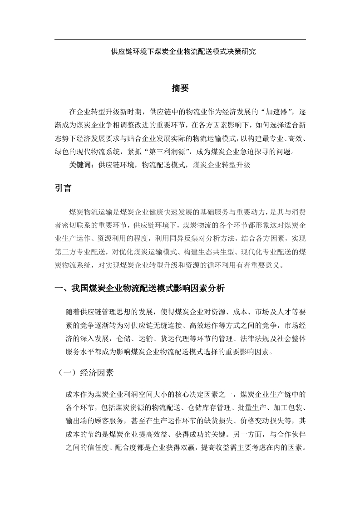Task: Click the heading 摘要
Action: tap(180, 88)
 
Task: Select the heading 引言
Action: tap(63, 187)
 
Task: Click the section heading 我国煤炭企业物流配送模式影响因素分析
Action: tap(139, 289)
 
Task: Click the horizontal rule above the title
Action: tap(180, 39)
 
